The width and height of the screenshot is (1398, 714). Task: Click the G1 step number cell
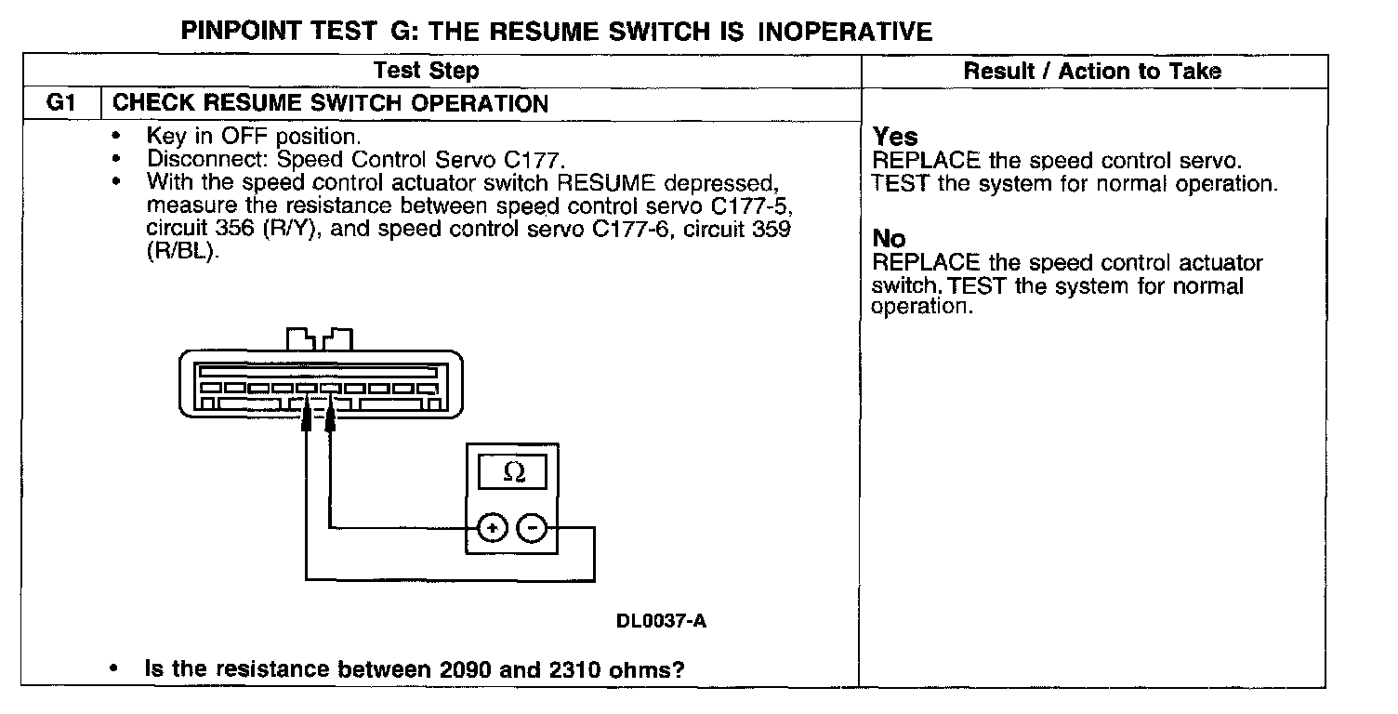tap(59, 103)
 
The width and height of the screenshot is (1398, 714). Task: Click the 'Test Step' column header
tap(426, 71)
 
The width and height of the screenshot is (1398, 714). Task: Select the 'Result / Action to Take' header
tap(1092, 71)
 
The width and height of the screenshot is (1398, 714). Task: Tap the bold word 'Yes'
tap(895, 138)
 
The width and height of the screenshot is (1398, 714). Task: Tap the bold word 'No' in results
tap(890, 240)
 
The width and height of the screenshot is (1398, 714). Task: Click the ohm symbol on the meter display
tap(513, 473)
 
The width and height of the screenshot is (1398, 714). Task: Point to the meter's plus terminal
tap(492, 528)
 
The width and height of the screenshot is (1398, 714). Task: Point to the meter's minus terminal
tap(533, 528)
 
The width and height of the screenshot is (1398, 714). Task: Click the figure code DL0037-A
tap(661, 621)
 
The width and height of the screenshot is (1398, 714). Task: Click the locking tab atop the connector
tap(320, 336)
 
